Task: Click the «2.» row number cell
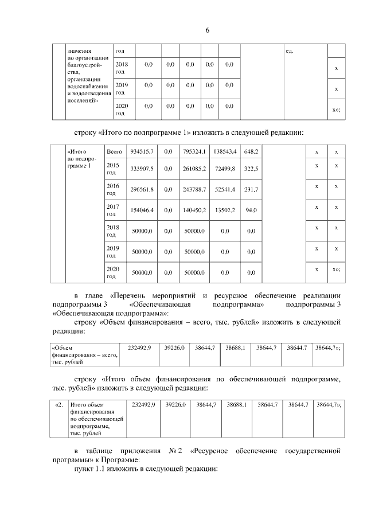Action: pyautogui.click(x=58, y=405)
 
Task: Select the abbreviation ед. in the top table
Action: pyautogui.click(x=290, y=52)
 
